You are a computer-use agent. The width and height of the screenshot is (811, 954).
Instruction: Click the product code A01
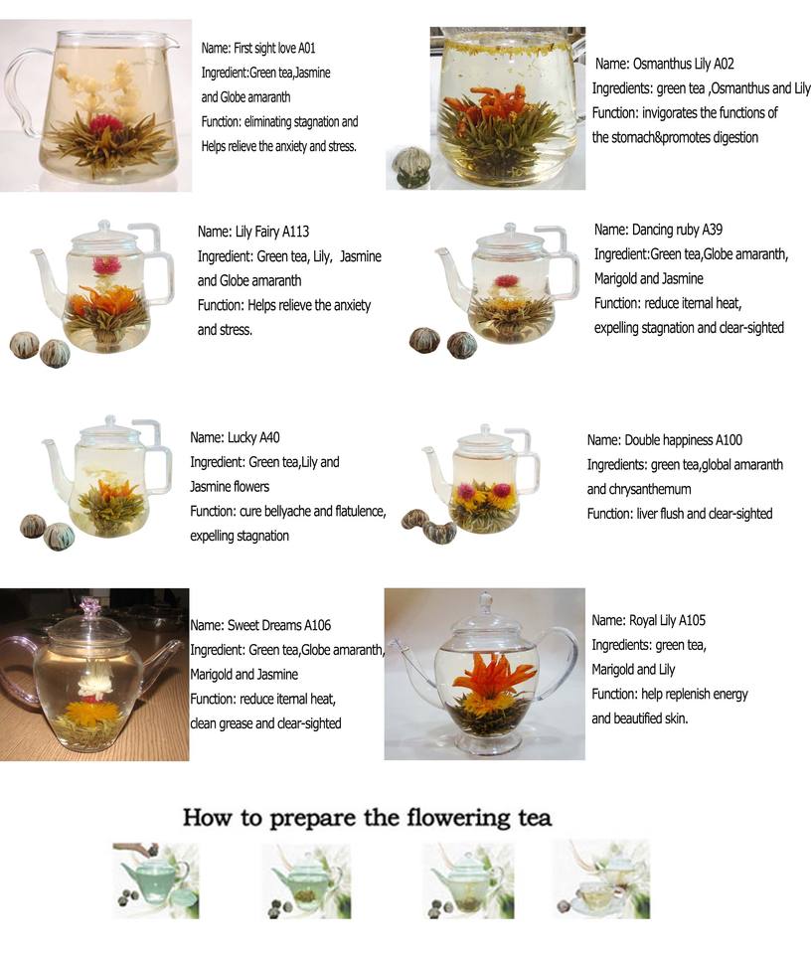(307, 48)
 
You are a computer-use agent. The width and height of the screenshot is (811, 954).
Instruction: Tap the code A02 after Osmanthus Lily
(724, 64)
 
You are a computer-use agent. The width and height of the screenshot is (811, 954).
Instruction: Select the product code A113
(295, 232)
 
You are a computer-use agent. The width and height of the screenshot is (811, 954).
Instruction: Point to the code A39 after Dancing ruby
(712, 230)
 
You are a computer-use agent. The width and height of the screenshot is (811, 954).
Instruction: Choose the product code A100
(729, 440)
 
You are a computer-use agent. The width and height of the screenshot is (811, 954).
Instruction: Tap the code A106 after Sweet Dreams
(318, 625)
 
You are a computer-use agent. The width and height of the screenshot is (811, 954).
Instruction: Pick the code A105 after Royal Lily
(693, 620)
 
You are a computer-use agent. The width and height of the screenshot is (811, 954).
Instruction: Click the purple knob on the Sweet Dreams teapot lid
(89, 605)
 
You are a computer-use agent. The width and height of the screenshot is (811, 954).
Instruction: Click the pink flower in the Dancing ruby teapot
(506, 280)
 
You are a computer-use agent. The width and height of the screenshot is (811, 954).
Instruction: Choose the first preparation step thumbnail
(156, 879)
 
